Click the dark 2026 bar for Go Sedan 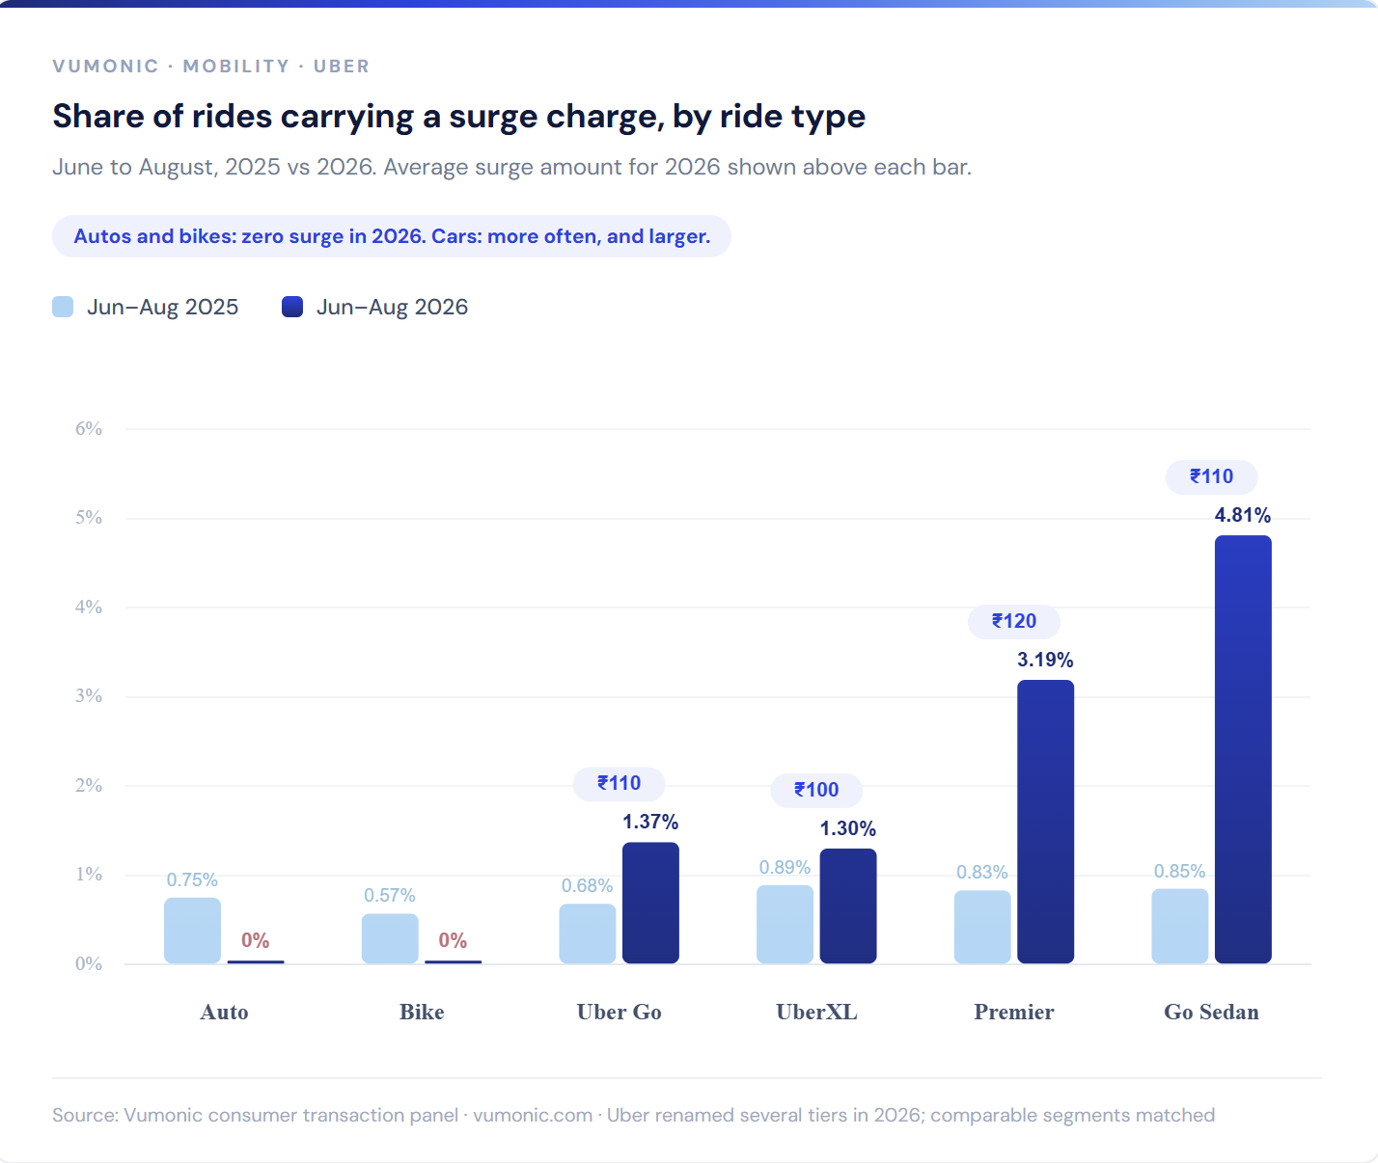[1243, 748]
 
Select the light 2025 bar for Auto [192, 931]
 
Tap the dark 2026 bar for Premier [1045, 822]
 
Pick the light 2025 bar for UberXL [785, 924]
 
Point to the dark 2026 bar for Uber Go [650, 903]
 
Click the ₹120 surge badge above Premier [1013, 621]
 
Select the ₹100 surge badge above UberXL [816, 790]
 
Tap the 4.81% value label [1243, 515]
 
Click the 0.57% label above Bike [390, 895]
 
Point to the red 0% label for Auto [256, 940]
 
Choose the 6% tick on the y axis [89, 429]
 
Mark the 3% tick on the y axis [89, 696]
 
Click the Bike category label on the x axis [422, 1012]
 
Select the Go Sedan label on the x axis [1211, 1012]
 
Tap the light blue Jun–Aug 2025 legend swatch [63, 307]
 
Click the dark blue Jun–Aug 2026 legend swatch [292, 307]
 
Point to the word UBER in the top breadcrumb [342, 67]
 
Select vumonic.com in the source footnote [533, 1115]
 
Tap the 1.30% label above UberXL [848, 828]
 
